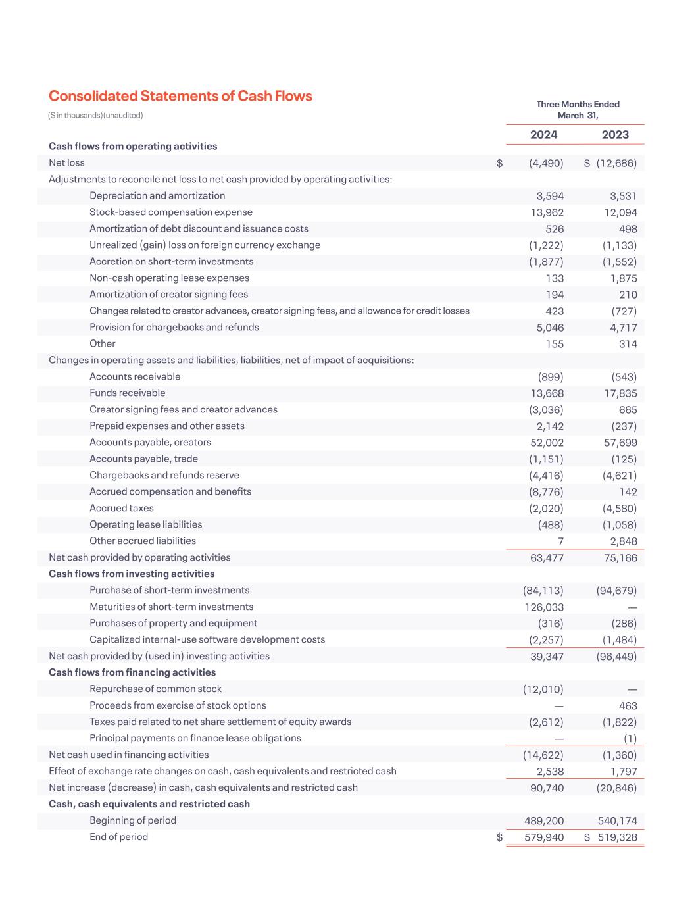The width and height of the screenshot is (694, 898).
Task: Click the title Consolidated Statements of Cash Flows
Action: click(180, 96)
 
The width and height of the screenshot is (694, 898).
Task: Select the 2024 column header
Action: click(543, 135)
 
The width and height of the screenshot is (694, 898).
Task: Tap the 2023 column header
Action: click(615, 135)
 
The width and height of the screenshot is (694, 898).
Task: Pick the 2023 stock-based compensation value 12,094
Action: click(620, 212)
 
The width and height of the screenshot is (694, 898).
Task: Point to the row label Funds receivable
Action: click(128, 393)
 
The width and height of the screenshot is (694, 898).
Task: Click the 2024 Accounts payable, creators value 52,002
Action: click(547, 443)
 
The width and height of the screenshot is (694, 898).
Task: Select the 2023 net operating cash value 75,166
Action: click(620, 558)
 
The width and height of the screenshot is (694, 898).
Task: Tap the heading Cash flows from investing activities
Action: click(132, 574)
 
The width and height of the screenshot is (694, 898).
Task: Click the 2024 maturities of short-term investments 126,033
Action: click(543, 607)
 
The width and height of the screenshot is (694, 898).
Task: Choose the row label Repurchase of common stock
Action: click(155, 689)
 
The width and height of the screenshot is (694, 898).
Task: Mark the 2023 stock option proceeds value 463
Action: click(628, 706)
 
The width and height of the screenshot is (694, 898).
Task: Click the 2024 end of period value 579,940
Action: click(543, 837)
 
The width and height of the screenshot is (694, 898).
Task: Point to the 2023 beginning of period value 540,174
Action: click(617, 821)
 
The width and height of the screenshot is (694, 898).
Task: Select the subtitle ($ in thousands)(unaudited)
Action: click(95, 116)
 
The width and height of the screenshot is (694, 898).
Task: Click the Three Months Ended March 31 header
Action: click(578, 110)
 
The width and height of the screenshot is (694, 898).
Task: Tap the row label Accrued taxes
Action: click(122, 508)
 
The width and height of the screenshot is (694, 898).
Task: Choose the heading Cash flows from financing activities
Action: click(132, 672)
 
